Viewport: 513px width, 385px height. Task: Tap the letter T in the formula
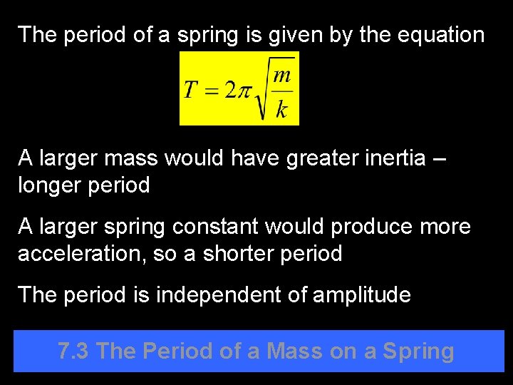point(190,90)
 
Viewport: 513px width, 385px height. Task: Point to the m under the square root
point(282,75)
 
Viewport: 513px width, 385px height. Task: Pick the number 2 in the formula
point(229,90)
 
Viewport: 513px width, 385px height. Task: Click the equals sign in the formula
point(210,91)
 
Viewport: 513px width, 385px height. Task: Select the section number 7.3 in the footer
point(74,351)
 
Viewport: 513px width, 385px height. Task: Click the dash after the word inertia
point(439,158)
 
